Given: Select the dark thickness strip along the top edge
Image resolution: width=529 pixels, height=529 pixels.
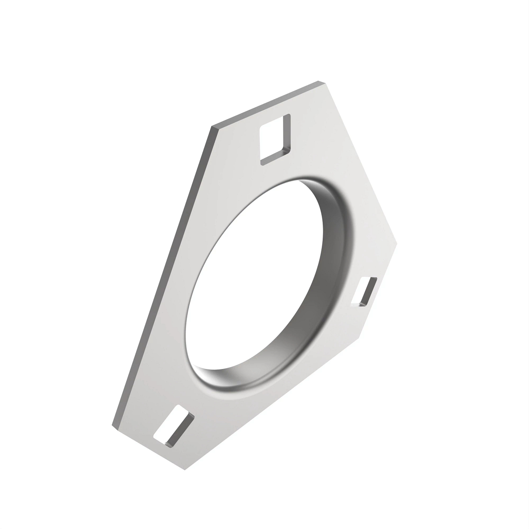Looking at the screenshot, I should (264, 104).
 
